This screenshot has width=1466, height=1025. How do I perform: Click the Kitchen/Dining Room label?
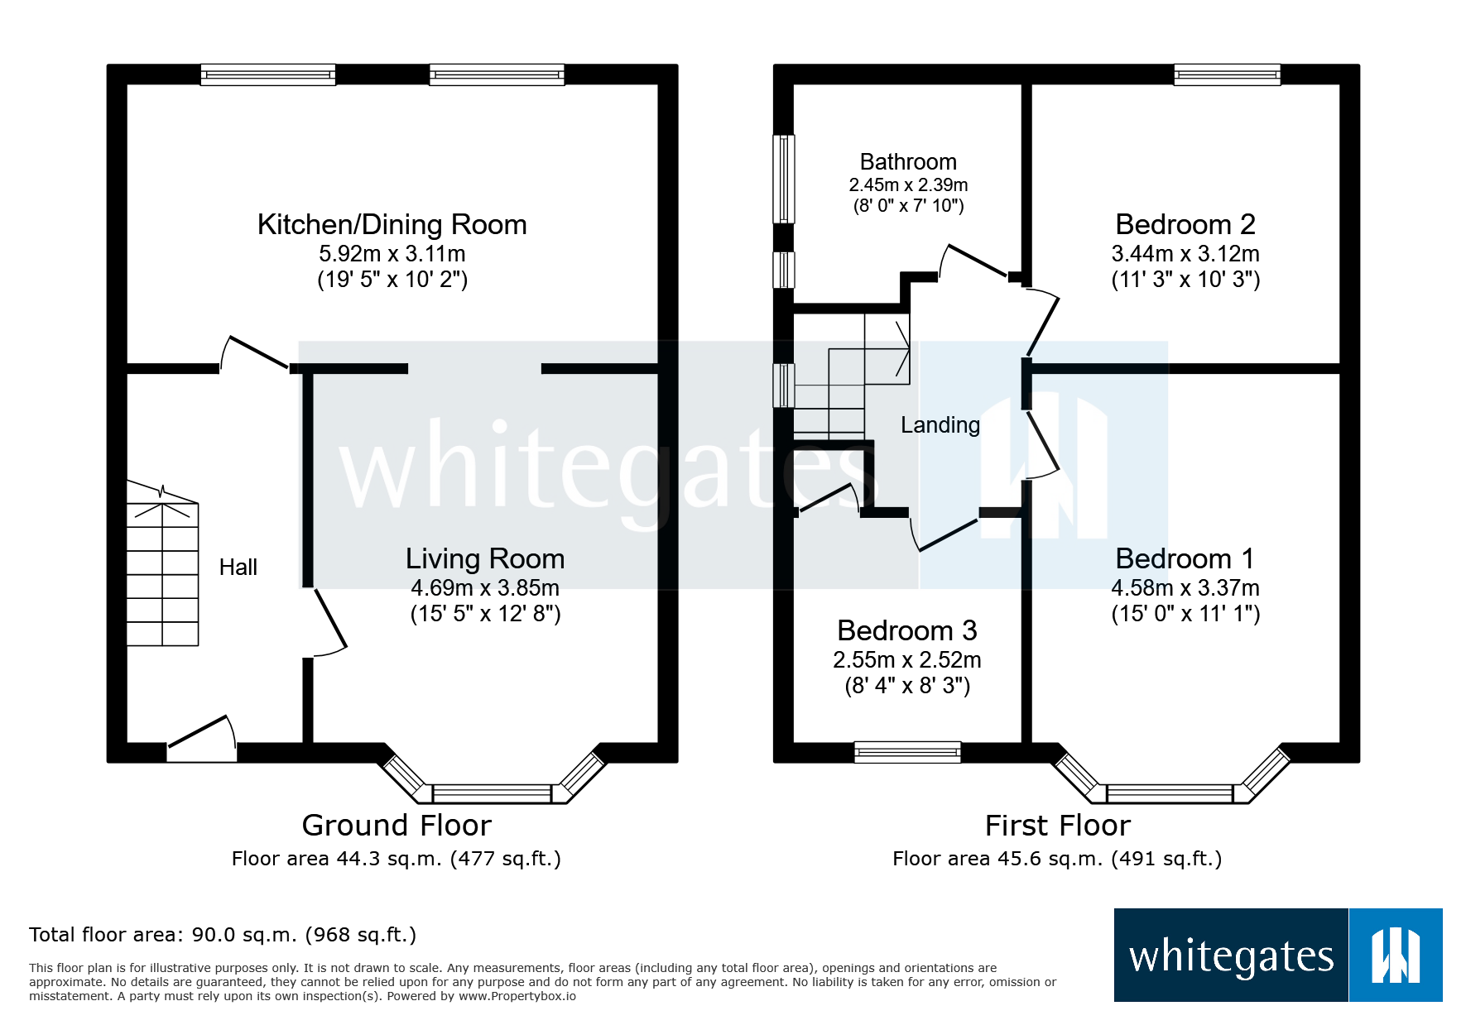(392, 225)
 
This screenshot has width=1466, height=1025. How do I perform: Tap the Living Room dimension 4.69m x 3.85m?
(485, 588)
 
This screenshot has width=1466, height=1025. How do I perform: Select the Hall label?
(238, 568)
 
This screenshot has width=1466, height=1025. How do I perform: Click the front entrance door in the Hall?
(202, 738)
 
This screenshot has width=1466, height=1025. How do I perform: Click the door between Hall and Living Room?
(329, 622)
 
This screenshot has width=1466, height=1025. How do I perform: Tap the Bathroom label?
(908, 162)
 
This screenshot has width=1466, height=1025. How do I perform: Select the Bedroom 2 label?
(1185, 225)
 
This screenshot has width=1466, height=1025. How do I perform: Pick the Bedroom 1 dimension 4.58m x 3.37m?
(1185, 588)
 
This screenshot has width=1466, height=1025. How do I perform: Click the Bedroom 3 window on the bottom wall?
(907, 751)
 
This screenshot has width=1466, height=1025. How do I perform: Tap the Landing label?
(940, 425)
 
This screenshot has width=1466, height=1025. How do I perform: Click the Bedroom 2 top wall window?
(1227, 75)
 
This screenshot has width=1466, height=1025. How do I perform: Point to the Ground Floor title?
(397, 826)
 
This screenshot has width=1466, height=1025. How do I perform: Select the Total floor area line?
(223, 935)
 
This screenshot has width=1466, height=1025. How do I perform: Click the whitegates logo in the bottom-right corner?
(1277, 956)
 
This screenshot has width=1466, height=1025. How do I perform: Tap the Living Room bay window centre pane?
(492, 794)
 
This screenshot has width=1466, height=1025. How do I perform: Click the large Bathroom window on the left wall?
(784, 179)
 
